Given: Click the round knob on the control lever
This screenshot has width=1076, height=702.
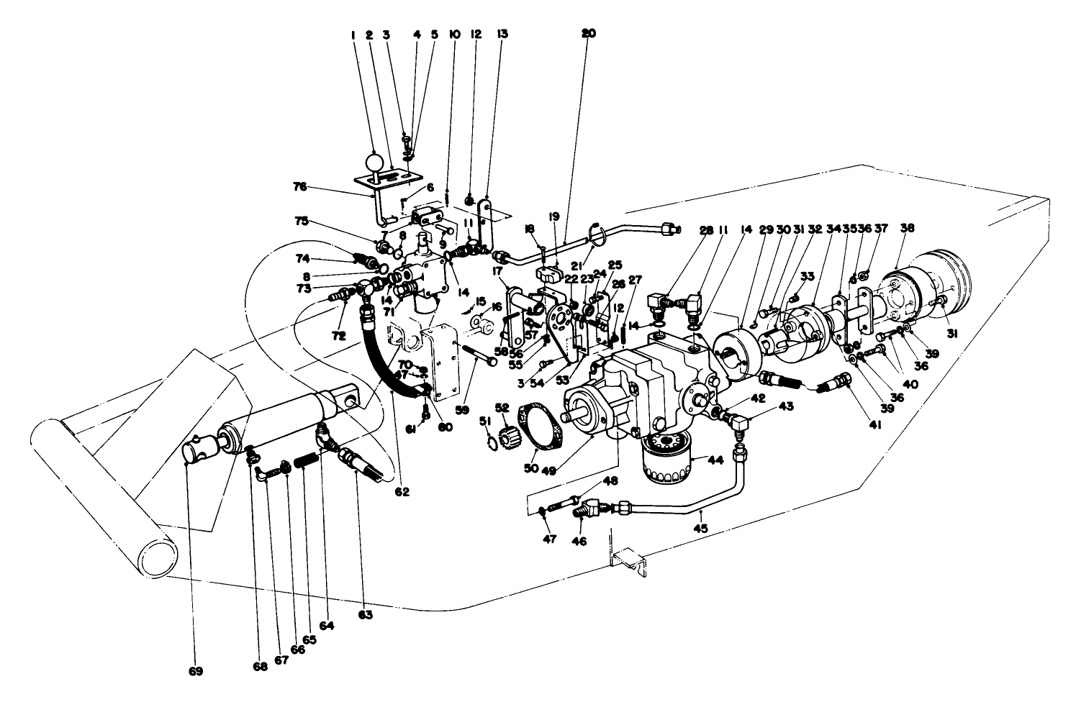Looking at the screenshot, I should (374, 161).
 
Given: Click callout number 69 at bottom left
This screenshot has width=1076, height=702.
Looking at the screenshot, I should (196, 672).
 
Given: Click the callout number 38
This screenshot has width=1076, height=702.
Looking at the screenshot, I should (907, 228).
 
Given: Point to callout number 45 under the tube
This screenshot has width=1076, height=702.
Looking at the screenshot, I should (700, 529).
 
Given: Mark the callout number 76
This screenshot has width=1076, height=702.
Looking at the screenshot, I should (299, 186).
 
